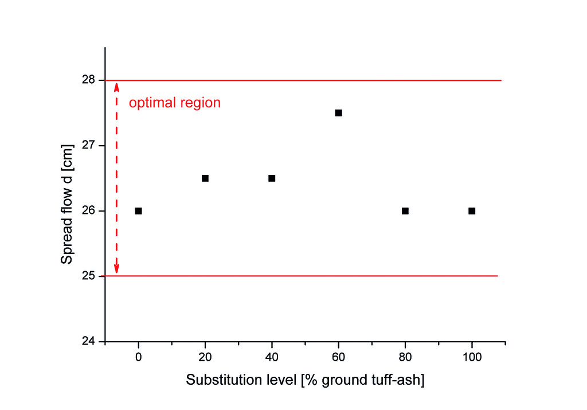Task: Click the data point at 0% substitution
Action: [138, 211]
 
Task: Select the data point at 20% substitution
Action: [205, 178]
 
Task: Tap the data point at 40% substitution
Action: [272, 178]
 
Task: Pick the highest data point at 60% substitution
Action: [339, 113]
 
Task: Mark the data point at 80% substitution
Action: [405, 211]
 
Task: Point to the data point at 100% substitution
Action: [472, 211]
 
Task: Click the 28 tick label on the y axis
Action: [89, 80]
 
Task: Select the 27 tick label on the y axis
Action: [89, 146]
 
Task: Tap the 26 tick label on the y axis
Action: [89, 211]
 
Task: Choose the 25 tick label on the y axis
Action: [89, 276]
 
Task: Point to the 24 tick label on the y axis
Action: [89, 342]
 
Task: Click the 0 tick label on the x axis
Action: [138, 356]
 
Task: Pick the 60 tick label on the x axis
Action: [339, 356]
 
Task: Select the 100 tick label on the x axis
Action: [472, 356]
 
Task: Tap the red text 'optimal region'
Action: [174, 103]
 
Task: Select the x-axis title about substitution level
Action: [305, 380]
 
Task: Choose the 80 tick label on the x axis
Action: [405, 356]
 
